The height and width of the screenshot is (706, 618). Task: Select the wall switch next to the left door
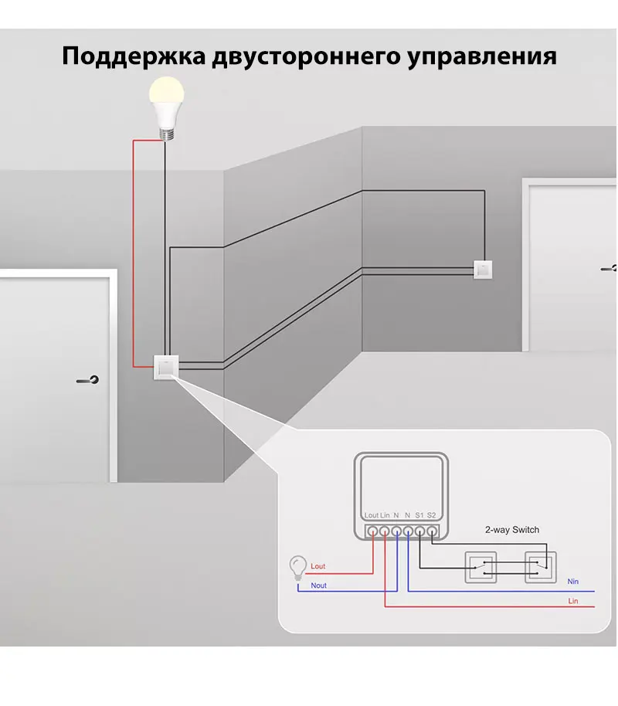(166, 367)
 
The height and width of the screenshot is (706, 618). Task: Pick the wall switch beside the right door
(484, 269)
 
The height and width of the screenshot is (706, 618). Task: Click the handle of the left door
(88, 380)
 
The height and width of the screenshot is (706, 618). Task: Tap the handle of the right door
(610, 268)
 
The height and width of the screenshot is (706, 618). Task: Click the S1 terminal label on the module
(419, 514)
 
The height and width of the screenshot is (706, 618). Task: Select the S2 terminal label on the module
(431, 514)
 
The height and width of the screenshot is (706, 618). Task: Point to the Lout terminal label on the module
(371, 514)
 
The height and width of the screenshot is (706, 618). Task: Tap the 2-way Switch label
(511, 530)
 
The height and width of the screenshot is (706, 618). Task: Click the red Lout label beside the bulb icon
(317, 566)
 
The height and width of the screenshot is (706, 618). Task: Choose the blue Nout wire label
(317, 586)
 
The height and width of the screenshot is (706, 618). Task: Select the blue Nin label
(572, 581)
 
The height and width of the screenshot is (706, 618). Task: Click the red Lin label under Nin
(572, 600)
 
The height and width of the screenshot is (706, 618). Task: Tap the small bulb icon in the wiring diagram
(296, 568)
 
